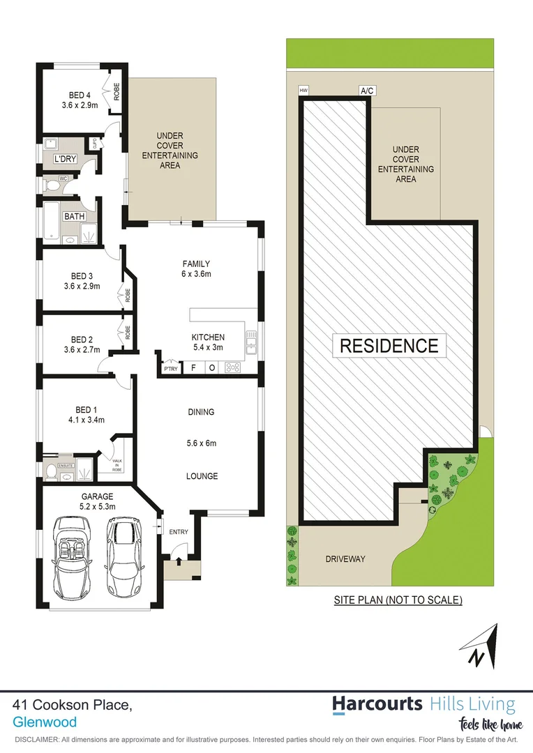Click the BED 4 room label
(x=80, y=95)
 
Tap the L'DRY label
(x=65, y=160)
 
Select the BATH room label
(x=74, y=217)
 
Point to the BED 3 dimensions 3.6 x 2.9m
(x=82, y=286)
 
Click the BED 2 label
(x=82, y=340)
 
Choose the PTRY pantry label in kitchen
(x=170, y=368)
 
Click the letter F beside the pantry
(x=193, y=367)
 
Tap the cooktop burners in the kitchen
(x=232, y=367)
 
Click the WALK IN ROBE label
(x=117, y=464)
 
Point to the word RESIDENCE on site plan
(x=389, y=345)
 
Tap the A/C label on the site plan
(x=366, y=91)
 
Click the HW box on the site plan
(x=303, y=91)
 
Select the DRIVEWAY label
(x=345, y=559)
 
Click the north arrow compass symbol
(x=480, y=646)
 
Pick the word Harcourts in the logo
(x=377, y=703)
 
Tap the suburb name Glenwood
(x=45, y=723)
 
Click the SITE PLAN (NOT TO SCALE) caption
(x=398, y=600)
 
